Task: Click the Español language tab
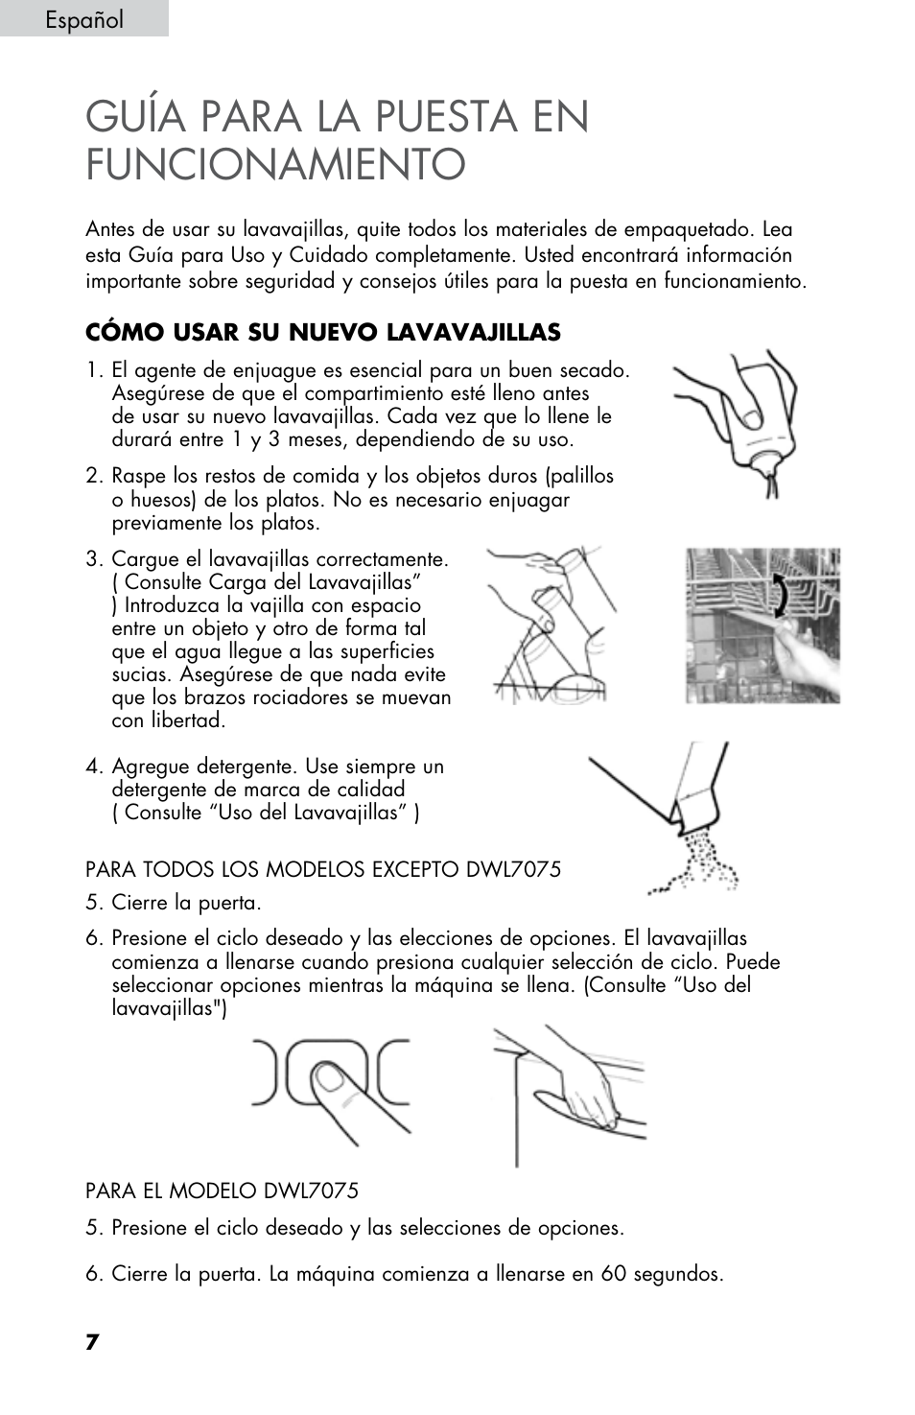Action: (x=83, y=19)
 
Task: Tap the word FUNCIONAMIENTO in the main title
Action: (x=275, y=164)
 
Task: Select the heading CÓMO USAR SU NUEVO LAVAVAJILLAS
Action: (x=322, y=333)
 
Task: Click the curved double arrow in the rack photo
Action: (x=783, y=597)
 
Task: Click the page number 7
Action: (x=92, y=1342)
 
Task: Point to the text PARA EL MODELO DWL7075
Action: (x=222, y=1191)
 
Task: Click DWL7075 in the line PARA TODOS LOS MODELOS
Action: (x=513, y=869)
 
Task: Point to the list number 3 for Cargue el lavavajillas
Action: (x=92, y=559)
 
